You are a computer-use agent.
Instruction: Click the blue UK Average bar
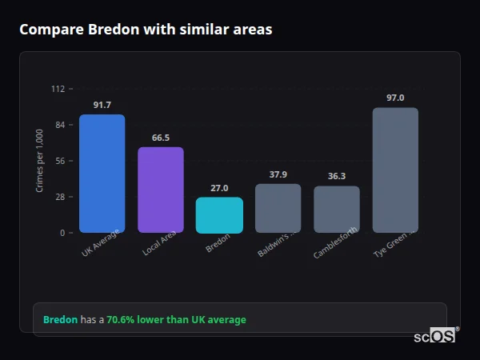[102, 174]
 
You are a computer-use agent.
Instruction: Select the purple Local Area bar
[160, 190]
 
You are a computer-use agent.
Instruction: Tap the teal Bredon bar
[219, 215]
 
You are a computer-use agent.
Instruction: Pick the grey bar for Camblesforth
[336, 210]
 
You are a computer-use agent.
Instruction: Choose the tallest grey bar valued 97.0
[395, 170]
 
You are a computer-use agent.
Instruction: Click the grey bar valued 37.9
[278, 208]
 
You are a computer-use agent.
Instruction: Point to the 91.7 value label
[102, 105]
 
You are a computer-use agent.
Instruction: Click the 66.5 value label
[160, 138]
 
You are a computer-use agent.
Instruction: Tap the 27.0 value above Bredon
[219, 188]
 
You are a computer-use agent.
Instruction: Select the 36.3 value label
[336, 176]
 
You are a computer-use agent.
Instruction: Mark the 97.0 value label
[395, 98]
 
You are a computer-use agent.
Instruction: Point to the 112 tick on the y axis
[58, 89]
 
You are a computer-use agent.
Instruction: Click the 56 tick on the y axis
[60, 161]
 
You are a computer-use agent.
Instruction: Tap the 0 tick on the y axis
[62, 233]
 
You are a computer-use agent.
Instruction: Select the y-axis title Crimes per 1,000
[40, 161]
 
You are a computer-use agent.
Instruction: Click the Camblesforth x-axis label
[336, 243]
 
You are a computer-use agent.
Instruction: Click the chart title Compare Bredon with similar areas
[146, 30]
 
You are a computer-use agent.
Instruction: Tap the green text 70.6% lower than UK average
[176, 320]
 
